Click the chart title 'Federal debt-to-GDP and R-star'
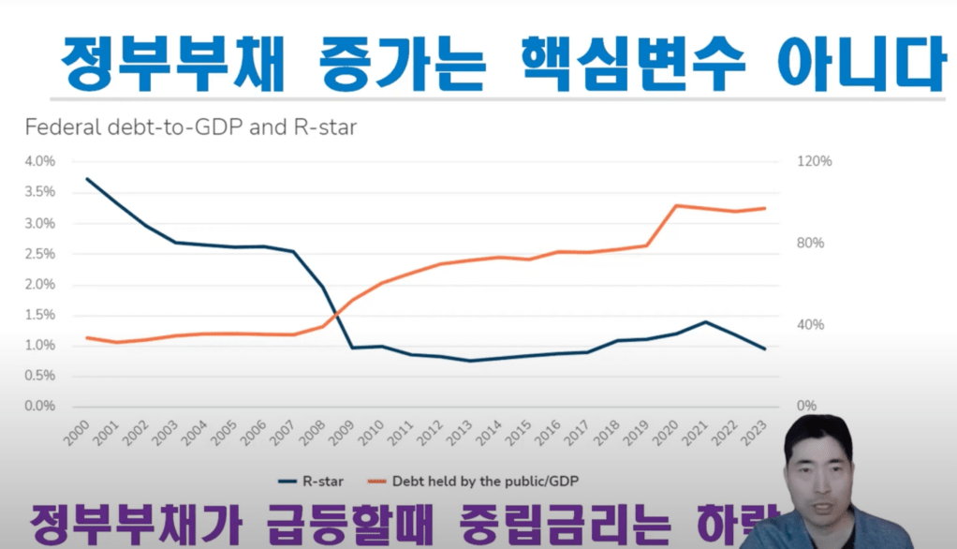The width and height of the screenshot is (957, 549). tap(190, 127)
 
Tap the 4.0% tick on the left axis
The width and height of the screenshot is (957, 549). tap(40, 161)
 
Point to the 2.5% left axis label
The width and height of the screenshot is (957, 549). tap(40, 254)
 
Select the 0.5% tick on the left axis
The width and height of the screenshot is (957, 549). tap(40, 377)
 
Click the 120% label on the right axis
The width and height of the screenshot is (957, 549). tap(814, 161)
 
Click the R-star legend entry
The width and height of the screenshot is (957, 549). tap(312, 482)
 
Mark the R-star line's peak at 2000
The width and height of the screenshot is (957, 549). tap(87, 179)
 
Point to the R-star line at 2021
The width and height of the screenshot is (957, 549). tap(706, 322)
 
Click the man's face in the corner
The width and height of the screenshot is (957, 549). tap(816, 465)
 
